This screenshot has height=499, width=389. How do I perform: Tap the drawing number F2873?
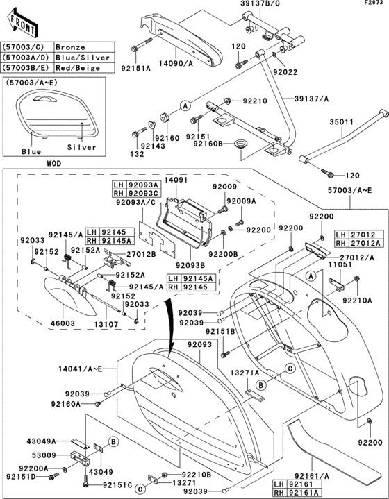[374, 4]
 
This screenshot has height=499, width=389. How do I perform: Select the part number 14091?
[176, 179]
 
